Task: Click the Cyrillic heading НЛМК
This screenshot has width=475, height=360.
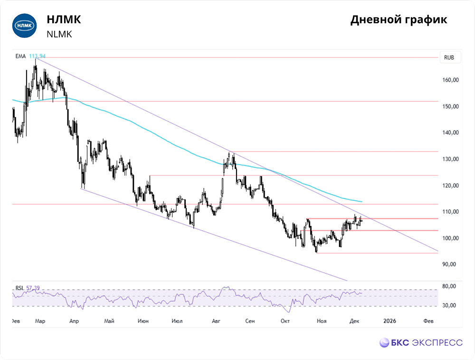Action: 64,19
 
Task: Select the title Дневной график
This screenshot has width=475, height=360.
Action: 399,20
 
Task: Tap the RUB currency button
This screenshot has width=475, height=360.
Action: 449,57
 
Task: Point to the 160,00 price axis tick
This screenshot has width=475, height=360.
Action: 449,80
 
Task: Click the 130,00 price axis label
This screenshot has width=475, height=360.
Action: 449,159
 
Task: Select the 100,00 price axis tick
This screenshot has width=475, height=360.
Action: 449,238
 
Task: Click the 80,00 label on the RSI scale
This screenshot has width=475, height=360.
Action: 449,286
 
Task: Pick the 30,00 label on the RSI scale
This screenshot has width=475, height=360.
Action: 449,305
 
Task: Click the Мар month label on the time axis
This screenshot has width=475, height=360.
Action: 40,322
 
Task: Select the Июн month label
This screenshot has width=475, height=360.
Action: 143,322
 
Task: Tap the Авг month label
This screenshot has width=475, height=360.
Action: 216,322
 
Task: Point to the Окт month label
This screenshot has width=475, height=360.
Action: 285,322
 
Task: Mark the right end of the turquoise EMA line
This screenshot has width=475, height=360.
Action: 362,202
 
